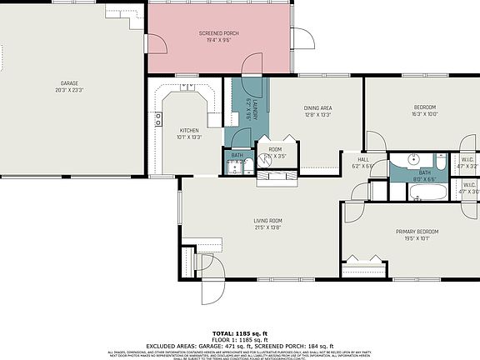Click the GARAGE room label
coord(68,82)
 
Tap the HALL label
coord(363,159)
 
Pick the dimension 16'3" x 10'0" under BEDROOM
coord(425,114)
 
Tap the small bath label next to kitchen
coord(237,156)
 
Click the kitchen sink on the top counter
coord(186,87)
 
